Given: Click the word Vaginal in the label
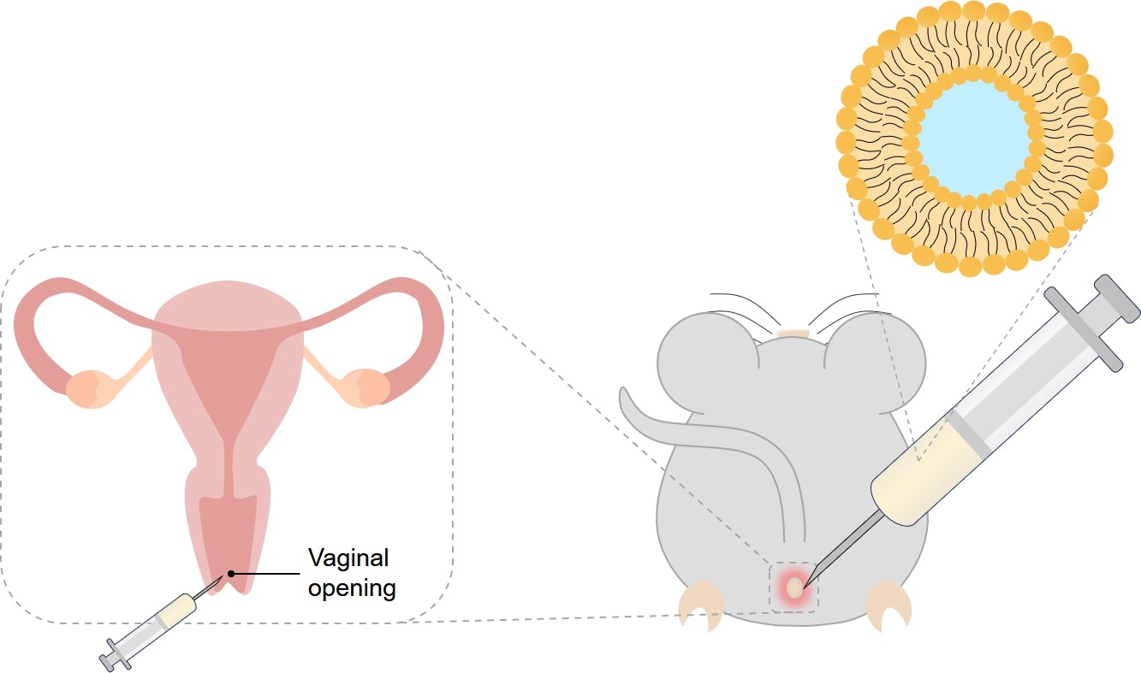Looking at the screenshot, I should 348,558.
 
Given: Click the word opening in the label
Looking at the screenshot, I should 352,588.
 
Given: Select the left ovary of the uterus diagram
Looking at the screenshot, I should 91,387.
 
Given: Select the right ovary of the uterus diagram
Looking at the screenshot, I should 366,387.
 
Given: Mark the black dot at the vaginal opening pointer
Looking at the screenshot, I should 230,573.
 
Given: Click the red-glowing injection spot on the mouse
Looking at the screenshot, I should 795,587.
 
